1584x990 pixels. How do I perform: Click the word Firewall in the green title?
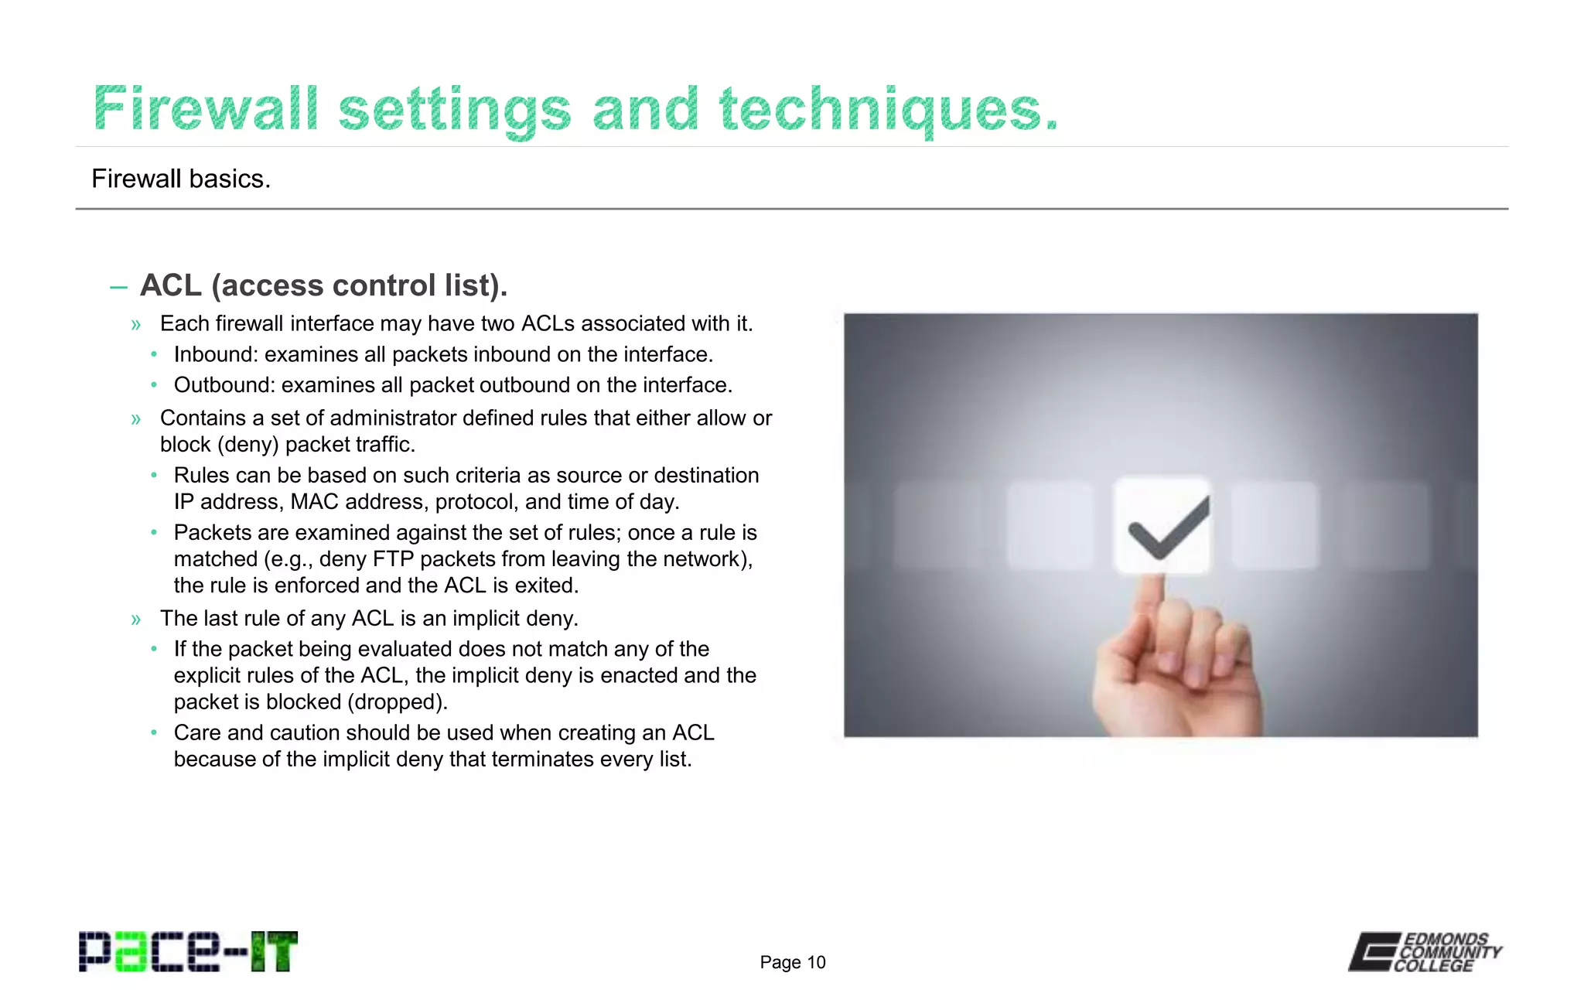(205, 109)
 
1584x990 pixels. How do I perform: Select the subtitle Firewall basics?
(181, 179)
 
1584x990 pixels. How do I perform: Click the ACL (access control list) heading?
(323, 285)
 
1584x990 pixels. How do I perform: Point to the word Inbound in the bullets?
(215, 354)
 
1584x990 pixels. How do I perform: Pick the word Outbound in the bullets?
(224, 385)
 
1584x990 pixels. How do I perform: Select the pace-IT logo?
(188, 951)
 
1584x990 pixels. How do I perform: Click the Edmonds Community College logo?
(1425, 951)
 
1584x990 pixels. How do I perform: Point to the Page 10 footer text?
(793, 962)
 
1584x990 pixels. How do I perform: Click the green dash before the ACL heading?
(118, 288)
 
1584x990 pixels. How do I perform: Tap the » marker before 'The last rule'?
(136, 620)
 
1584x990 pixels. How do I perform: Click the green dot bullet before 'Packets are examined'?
(154, 532)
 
